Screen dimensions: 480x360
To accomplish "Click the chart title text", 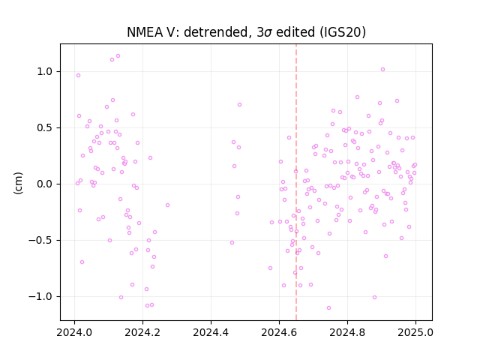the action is pyautogui.click(x=246, y=32).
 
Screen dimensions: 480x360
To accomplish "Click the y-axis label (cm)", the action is pyautogui.click(x=18, y=183).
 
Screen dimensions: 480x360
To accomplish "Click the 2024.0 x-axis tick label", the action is pyautogui.click(x=74, y=332).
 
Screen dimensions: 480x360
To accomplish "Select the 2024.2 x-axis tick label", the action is pyautogui.click(x=142, y=332).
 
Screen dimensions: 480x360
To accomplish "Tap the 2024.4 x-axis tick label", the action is pyautogui.click(x=211, y=332).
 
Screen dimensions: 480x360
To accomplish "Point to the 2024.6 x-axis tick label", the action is pyautogui.click(x=279, y=332).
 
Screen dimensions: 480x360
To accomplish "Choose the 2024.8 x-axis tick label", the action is pyautogui.click(x=347, y=332).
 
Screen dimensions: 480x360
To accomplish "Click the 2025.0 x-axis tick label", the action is pyautogui.click(x=415, y=332).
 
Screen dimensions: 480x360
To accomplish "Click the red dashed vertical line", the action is pyautogui.click(x=296, y=182).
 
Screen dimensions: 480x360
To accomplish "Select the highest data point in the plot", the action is pyautogui.click(x=118, y=56).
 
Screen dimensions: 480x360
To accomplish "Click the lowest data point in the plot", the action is pyautogui.click(x=328, y=308).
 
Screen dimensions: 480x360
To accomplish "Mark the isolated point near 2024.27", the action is pyautogui.click(x=167, y=205).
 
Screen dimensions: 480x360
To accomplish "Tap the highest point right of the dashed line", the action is pyautogui.click(x=382, y=70).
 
